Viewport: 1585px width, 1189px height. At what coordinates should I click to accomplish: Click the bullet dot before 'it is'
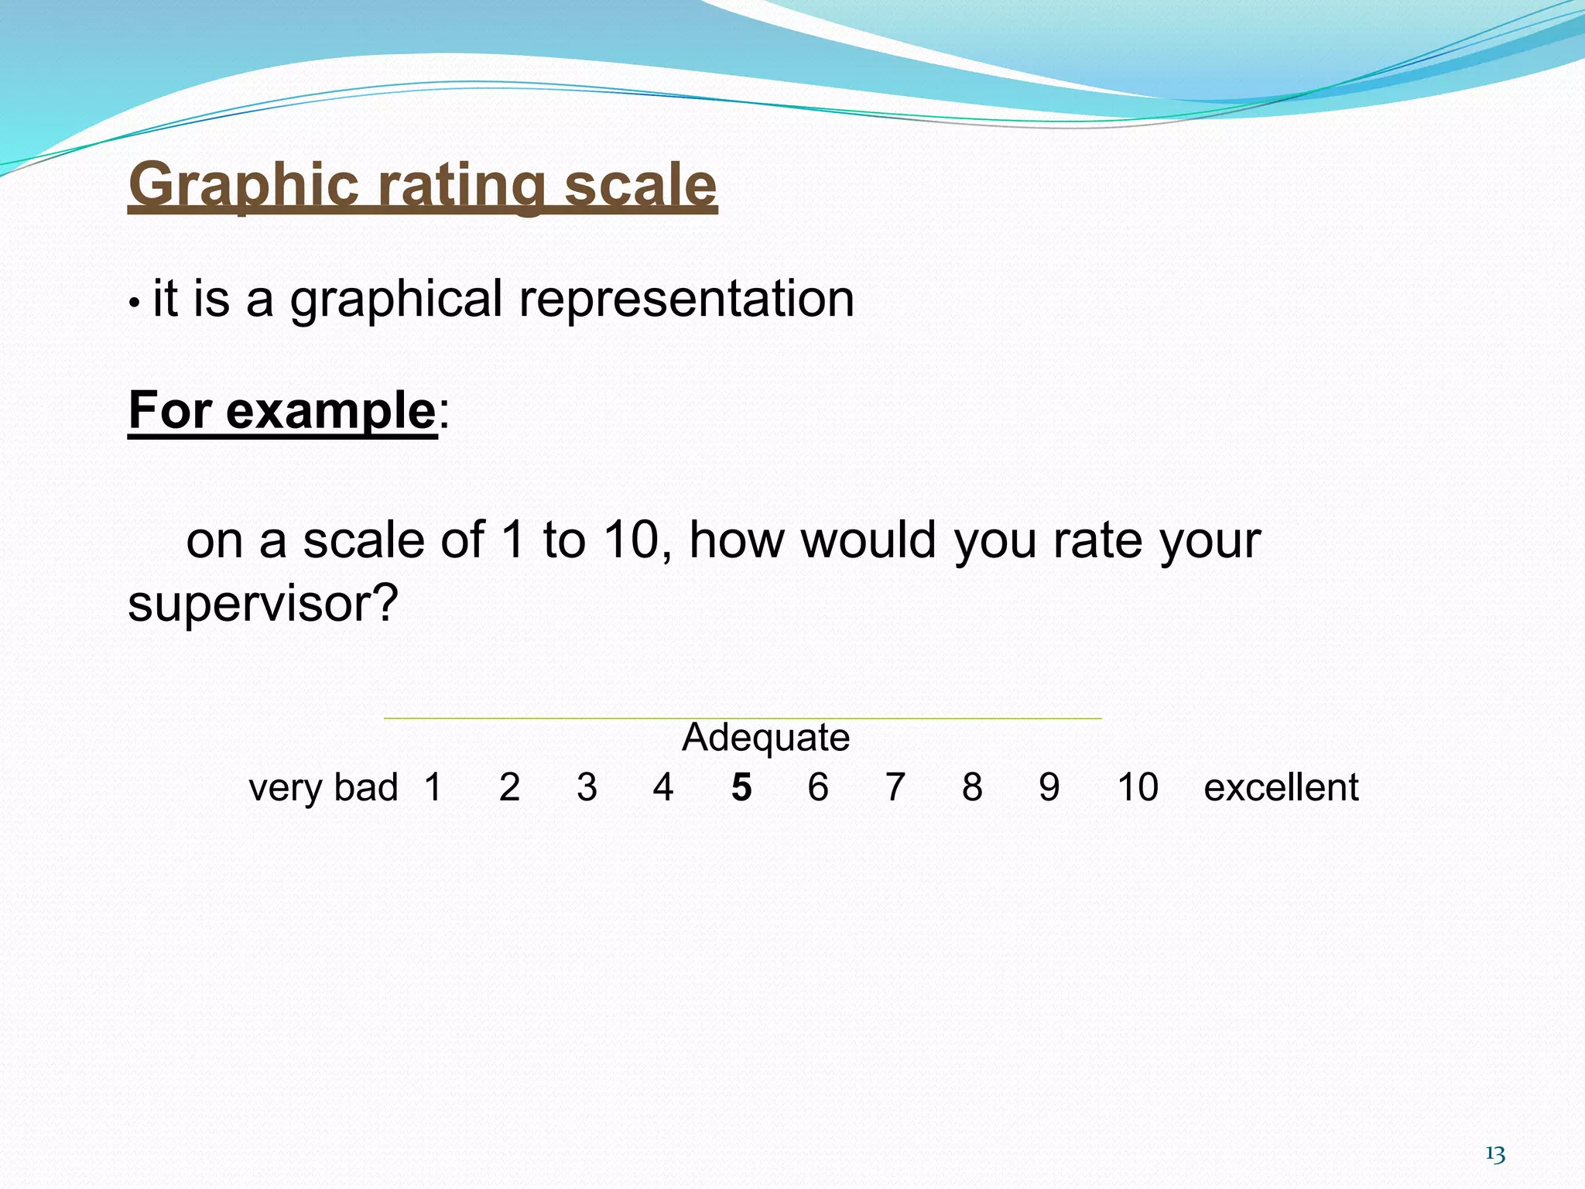coord(134,303)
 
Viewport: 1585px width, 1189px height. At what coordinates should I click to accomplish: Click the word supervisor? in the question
coord(263,604)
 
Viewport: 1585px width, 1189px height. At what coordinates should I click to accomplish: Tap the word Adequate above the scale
coord(765,737)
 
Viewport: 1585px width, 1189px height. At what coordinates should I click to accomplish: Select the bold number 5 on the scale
coord(741,788)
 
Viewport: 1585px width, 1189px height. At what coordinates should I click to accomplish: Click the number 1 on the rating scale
coord(433,788)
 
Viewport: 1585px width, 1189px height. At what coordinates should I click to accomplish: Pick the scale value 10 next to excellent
coord(1138,788)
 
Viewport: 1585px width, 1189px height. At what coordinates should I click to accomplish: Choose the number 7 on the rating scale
coord(895,788)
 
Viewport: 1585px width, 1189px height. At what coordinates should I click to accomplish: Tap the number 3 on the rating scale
coord(587,788)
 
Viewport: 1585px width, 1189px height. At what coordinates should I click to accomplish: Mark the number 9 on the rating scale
coord(1049,788)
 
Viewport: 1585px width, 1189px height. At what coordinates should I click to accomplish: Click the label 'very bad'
coord(324,788)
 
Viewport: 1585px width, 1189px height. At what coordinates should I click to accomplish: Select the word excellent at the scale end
coord(1281,788)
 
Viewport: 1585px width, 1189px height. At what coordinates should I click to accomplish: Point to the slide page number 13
coord(1495,1154)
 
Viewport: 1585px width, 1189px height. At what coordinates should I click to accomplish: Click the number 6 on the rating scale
coord(818,788)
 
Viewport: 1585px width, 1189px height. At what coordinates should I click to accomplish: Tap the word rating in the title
coord(462,186)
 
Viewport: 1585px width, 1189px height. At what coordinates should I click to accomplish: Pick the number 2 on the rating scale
coord(509,788)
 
